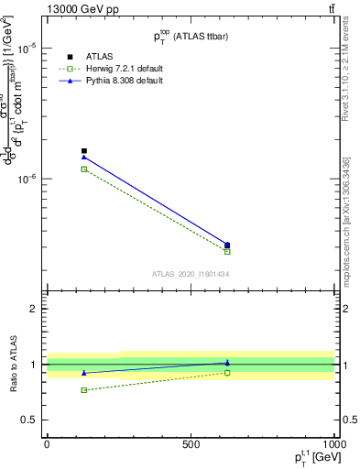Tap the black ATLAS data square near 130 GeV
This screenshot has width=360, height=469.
click(x=84, y=151)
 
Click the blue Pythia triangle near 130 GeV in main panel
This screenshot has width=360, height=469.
click(x=84, y=158)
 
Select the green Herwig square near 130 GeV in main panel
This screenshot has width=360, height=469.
click(x=84, y=169)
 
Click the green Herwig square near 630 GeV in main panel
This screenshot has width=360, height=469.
click(x=227, y=251)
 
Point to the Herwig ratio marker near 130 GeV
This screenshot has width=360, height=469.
click(x=84, y=390)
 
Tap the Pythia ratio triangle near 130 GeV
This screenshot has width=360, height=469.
click(x=84, y=373)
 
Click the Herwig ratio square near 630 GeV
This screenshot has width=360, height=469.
click(x=227, y=373)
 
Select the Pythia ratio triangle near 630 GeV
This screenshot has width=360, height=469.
click(x=227, y=363)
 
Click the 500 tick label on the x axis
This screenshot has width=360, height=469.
click(x=191, y=443)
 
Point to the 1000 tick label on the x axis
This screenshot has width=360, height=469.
click(x=333, y=443)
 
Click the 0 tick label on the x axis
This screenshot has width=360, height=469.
click(x=47, y=443)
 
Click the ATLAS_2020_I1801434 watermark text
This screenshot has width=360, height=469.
click(x=191, y=274)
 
